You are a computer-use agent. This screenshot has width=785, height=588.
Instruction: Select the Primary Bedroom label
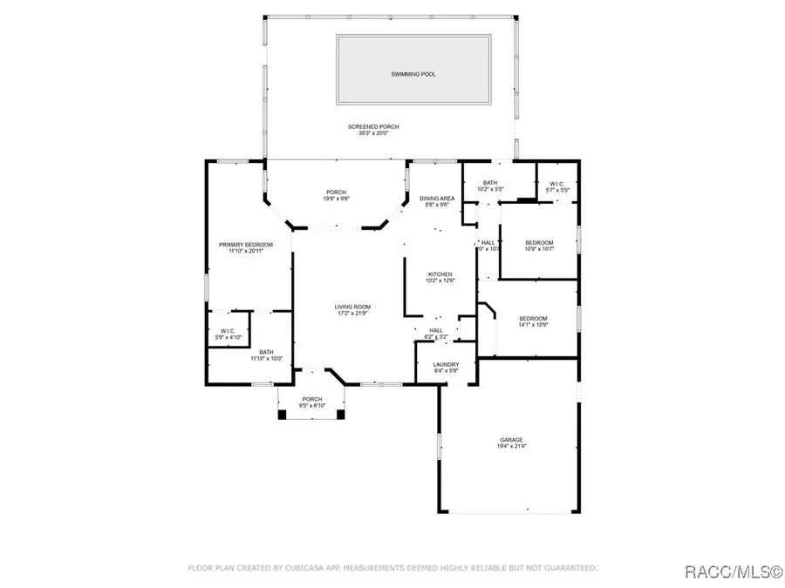pyautogui.click(x=246, y=245)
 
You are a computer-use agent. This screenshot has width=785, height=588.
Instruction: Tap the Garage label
pyautogui.click(x=511, y=440)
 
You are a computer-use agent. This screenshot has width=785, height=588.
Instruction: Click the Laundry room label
pyautogui.click(x=447, y=364)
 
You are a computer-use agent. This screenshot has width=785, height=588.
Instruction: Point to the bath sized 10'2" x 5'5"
pyautogui.click(x=490, y=183)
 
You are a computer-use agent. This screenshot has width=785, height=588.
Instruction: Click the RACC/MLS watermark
pyautogui.click(x=732, y=571)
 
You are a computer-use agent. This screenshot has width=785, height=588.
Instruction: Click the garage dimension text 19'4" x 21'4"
pyautogui.click(x=511, y=446)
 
